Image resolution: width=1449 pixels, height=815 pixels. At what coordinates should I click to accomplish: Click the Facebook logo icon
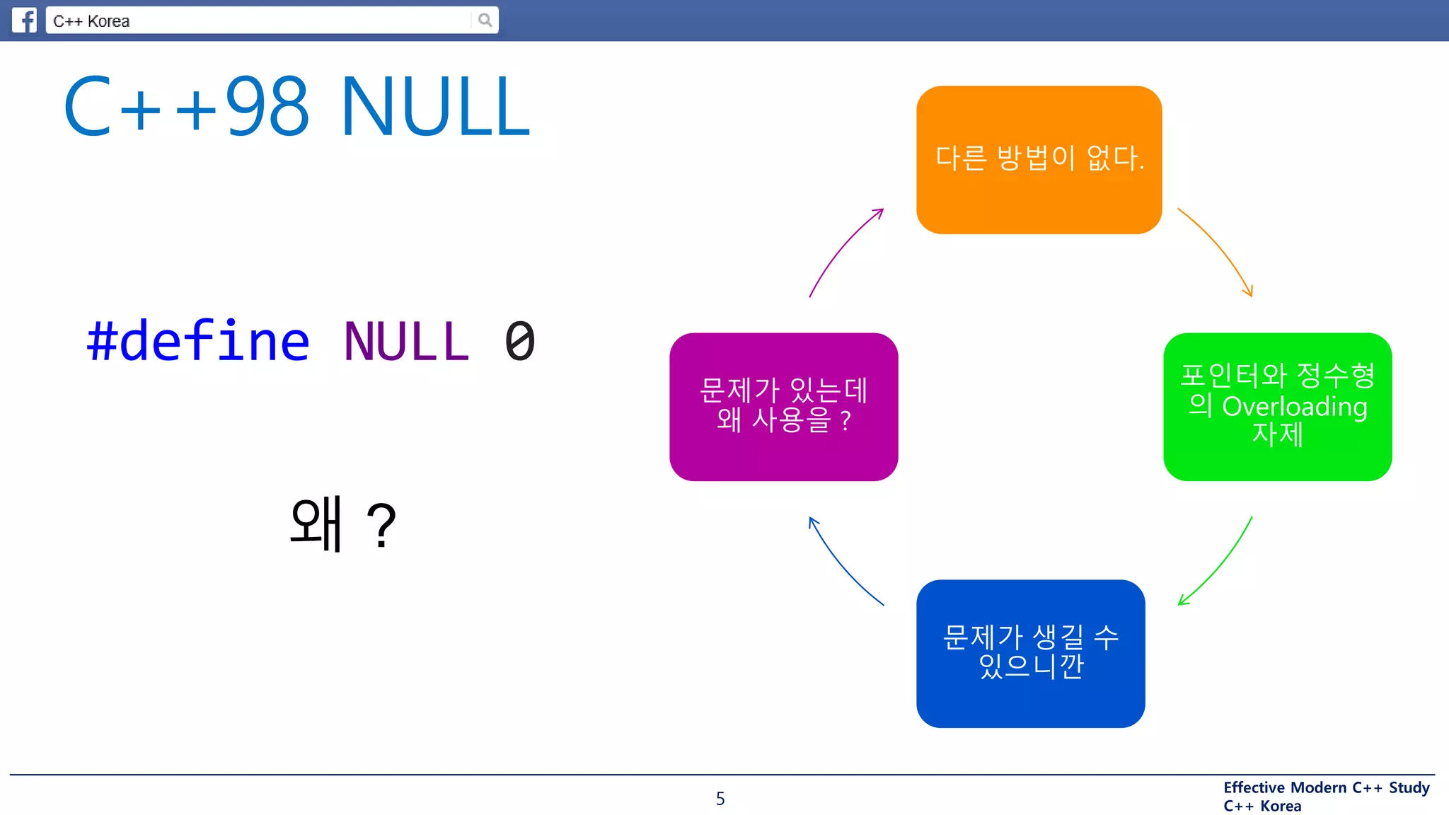coord(24,20)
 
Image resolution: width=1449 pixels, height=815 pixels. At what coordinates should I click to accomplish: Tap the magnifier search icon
coord(485,20)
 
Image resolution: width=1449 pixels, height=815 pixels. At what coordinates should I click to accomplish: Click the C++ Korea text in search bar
coord(91,21)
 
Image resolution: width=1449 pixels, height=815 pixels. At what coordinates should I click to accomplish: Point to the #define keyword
coord(198,341)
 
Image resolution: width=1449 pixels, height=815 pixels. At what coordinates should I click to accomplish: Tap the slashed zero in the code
coord(520,342)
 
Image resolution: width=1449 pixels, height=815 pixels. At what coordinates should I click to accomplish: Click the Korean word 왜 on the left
coord(316,524)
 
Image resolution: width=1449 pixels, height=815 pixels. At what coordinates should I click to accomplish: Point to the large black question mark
coord(381,526)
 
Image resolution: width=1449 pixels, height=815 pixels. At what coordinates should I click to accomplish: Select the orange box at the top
coord(1039,160)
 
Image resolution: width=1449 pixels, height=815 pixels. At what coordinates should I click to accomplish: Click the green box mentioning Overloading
coord(1277,406)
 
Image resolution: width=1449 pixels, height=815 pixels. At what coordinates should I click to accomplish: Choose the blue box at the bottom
coord(1030,653)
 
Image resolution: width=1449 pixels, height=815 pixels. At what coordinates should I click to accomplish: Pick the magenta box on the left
coord(783,406)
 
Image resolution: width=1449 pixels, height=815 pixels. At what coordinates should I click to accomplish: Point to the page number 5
coord(720,799)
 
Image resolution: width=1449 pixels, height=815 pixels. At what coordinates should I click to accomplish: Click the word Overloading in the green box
coord(1294,407)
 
